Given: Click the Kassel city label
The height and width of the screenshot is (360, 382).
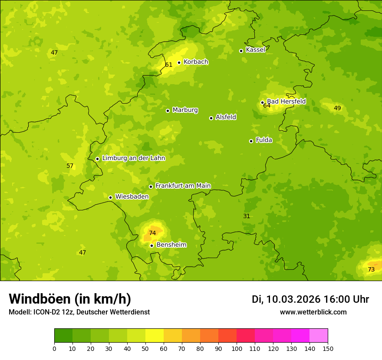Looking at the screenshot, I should (x=255, y=50).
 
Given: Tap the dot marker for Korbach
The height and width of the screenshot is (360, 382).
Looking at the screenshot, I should (x=179, y=62).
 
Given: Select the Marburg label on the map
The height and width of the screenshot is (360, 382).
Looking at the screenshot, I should (x=185, y=110).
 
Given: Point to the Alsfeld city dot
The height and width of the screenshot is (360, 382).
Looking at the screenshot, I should (x=211, y=118).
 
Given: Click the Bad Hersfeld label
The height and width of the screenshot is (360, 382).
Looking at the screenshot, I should (x=286, y=101).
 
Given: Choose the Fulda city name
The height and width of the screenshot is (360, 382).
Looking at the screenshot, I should (x=264, y=140).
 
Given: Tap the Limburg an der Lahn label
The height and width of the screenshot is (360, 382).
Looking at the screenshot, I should (x=133, y=158).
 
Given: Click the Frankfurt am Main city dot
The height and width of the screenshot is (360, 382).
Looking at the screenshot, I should (x=151, y=187).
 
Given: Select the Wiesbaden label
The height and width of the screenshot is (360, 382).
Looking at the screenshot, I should (x=132, y=196).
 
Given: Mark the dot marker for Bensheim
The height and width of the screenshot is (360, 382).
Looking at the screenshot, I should (x=151, y=245).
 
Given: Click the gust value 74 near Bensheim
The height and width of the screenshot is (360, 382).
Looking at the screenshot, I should (x=152, y=233).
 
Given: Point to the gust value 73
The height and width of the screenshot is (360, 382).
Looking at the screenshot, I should (x=371, y=269).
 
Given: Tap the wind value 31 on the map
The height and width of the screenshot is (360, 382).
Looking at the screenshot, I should (x=247, y=216).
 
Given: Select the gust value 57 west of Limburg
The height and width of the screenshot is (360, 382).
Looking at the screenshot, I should (x=70, y=166).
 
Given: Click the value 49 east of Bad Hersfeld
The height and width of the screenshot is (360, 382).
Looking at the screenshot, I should (x=337, y=108).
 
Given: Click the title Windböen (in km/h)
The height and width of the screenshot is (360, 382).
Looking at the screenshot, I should (x=70, y=299).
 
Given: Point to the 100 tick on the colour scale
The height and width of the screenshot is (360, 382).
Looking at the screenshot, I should (x=237, y=348).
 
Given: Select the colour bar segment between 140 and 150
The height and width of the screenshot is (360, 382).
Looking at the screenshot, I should (x=319, y=335).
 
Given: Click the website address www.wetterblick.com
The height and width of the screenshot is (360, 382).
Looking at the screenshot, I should (x=313, y=312).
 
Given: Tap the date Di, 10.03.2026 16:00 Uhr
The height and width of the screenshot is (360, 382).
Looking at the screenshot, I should (x=310, y=299).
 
